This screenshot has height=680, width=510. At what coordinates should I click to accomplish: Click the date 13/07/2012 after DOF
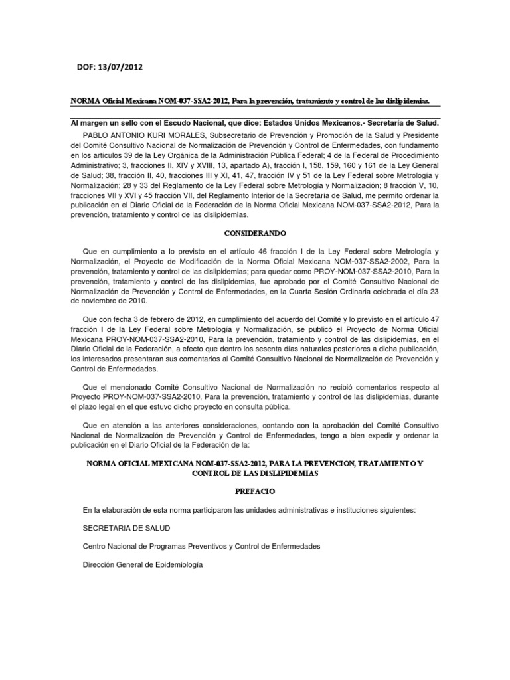tap(119, 67)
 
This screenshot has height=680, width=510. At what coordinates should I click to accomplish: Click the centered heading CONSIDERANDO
tap(254, 234)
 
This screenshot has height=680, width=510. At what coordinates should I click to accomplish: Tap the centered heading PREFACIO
tap(254, 491)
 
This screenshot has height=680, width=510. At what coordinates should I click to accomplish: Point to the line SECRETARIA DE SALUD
tap(126, 528)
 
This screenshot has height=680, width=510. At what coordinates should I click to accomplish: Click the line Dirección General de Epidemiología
tap(142, 564)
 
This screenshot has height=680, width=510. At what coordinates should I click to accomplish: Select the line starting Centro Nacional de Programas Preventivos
tap(201, 546)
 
